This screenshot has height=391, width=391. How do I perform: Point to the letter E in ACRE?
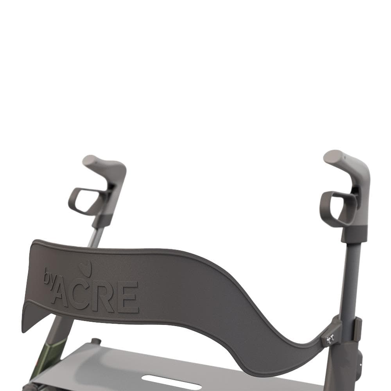128,298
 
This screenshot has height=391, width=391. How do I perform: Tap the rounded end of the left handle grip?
90,160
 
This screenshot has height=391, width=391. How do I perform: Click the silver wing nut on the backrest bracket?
330,338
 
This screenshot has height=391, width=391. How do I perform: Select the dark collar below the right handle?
353,233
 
